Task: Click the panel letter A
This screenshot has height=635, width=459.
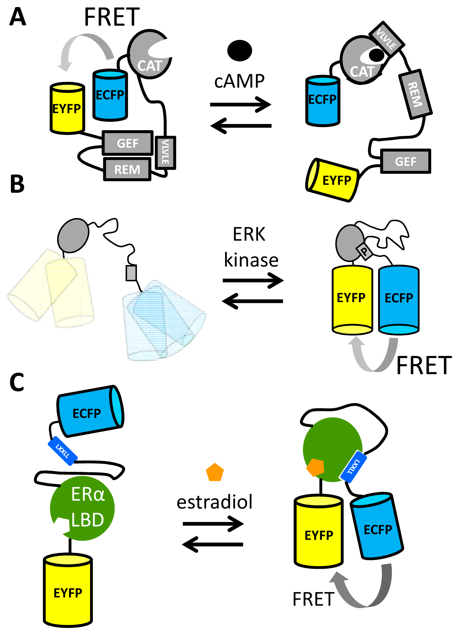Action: point(17,17)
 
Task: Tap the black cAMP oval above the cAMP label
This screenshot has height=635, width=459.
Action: point(240,50)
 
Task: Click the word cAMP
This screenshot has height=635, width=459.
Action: point(239,82)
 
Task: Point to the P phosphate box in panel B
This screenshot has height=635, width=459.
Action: point(364,251)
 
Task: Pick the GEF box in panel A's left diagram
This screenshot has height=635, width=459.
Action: point(128,143)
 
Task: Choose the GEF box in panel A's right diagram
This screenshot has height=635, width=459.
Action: point(405,161)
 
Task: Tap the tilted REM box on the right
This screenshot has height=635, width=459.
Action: point(415,94)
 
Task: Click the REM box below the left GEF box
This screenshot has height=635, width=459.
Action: point(127,169)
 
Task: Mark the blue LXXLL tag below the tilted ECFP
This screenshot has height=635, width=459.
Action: point(62,451)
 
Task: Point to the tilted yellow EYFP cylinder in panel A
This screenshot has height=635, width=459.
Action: point(332,180)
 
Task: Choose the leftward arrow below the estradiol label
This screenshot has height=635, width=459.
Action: point(213,545)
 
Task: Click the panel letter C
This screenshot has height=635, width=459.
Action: point(17,382)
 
